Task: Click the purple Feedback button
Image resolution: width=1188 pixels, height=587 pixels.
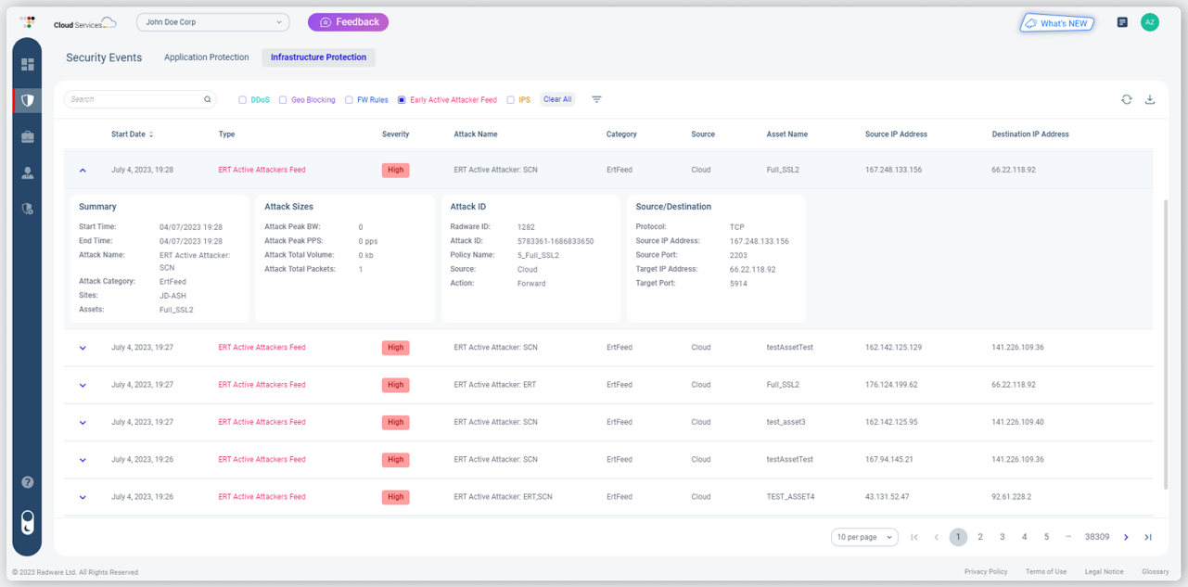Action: tap(348, 21)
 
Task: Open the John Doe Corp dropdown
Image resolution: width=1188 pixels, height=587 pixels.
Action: tap(212, 21)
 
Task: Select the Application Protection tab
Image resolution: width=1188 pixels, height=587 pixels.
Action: tap(206, 57)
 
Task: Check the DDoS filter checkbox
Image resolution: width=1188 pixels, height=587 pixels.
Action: tap(243, 100)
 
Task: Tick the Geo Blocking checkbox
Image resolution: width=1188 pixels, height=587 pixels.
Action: tap(283, 100)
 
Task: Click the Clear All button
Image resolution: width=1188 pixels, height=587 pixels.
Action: tap(557, 99)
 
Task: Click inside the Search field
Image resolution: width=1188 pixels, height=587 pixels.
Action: tap(134, 99)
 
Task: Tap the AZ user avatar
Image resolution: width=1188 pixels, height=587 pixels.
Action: tap(1149, 22)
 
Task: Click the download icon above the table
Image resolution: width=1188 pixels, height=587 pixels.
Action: tap(1150, 99)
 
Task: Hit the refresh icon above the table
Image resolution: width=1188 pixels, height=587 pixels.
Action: tap(1126, 99)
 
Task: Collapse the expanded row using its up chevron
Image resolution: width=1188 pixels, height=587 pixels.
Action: tap(83, 171)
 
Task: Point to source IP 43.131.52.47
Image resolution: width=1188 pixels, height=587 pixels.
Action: tap(888, 497)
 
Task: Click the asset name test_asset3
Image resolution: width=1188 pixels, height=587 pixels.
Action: tap(786, 422)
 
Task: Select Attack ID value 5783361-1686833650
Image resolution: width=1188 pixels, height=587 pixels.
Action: tap(556, 241)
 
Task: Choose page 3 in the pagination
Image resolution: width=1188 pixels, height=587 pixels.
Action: tap(1002, 537)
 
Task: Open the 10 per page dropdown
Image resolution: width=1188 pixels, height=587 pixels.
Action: tap(863, 537)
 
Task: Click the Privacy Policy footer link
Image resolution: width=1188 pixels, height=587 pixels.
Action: tap(986, 572)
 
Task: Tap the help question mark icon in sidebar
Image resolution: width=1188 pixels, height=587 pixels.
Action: tap(28, 482)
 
